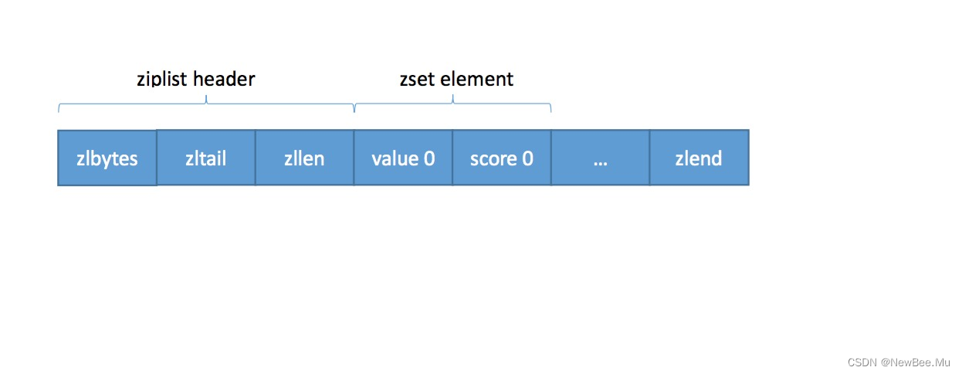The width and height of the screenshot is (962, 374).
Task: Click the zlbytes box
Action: point(107,158)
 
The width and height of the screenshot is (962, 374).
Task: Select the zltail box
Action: point(206,158)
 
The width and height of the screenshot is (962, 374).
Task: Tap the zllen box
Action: point(304,158)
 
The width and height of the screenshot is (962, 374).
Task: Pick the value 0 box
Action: point(403,158)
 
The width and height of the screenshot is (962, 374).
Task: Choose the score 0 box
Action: point(502,158)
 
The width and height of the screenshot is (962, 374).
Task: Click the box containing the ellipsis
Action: point(600,158)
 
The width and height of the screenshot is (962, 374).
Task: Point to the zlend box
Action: point(699,158)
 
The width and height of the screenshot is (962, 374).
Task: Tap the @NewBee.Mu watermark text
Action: point(916,362)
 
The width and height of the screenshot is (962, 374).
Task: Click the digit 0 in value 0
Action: point(429,158)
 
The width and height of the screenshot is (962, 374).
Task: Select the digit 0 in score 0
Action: point(527,158)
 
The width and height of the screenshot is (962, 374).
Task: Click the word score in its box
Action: point(493,158)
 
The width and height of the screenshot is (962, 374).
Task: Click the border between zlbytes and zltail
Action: point(157,158)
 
